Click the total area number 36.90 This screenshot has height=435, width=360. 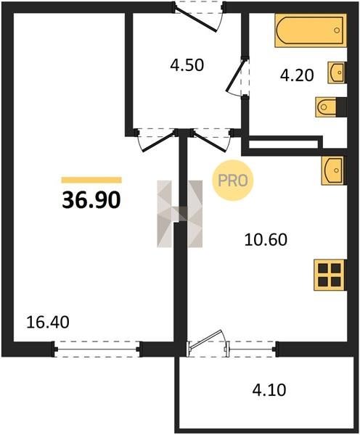(91, 200)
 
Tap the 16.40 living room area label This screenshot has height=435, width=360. (48, 322)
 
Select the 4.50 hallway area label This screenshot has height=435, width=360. (187, 65)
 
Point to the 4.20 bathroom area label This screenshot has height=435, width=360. (297, 75)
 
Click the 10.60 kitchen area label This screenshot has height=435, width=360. (266, 239)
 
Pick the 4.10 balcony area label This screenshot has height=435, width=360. (269, 390)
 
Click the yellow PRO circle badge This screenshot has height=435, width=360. (233, 181)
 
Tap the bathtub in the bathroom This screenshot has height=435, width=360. (311, 30)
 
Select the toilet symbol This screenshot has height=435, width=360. (330, 107)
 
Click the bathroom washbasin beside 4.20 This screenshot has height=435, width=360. (337, 72)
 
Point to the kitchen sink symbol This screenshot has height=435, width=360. (333, 170)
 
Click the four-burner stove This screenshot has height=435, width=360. (330, 275)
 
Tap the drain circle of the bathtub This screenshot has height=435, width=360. (337, 30)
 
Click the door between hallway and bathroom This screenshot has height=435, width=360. (237, 76)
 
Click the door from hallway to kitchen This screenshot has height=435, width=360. (212, 141)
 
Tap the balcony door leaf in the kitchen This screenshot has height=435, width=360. (205, 339)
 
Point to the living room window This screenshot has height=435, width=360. (97, 349)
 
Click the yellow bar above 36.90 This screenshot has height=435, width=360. (91, 180)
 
